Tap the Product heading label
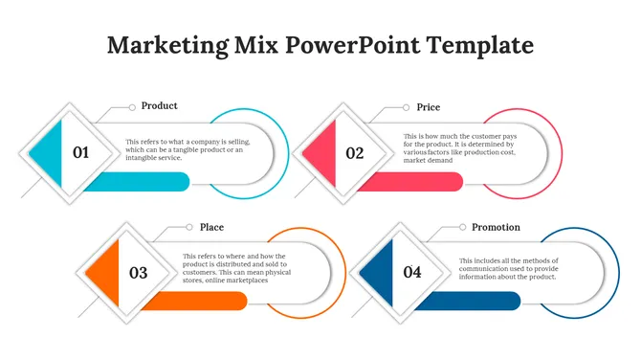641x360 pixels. click(x=159, y=106)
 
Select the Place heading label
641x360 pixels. click(x=211, y=227)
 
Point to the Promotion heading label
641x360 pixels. click(x=496, y=227)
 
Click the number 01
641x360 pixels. click(x=81, y=152)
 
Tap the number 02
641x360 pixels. click(x=355, y=152)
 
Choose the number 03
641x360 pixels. click(x=139, y=273)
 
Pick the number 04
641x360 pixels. click(x=412, y=273)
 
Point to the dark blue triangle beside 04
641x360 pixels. click(x=379, y=273)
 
